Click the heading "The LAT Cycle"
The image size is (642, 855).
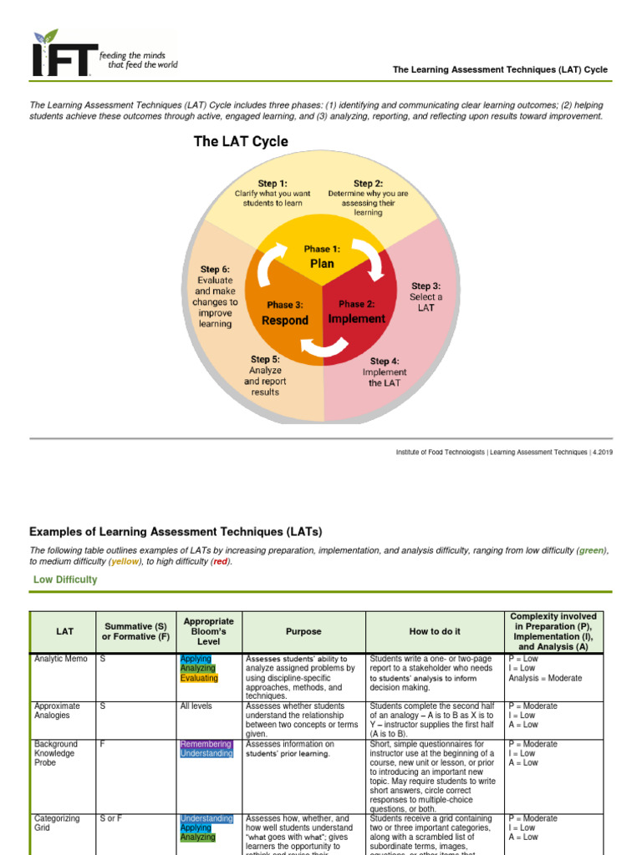point(241,142)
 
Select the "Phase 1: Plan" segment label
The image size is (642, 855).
point(322,256)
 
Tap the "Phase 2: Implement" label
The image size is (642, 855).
point(357,311)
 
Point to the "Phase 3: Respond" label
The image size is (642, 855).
point(286,313)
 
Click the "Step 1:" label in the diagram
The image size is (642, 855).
point(273,183)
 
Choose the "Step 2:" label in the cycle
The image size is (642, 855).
point(368,184)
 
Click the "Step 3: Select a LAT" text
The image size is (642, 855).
point(426,296)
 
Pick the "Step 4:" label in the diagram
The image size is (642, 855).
point(385,361)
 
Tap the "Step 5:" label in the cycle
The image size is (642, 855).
point(264,359)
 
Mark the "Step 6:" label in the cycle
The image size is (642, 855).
point(215,270)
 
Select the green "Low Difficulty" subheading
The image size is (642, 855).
point(65,579)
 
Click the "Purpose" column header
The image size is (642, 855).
point(303,632)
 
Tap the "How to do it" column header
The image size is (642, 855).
point(434,632)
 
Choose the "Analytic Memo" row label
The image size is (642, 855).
point(60,660)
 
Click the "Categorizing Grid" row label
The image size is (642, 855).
point(55,823)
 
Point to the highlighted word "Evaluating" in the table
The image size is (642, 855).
point(199,678)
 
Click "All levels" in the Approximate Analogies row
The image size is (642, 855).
point(196,706)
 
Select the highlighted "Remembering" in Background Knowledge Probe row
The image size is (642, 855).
point(206,744)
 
